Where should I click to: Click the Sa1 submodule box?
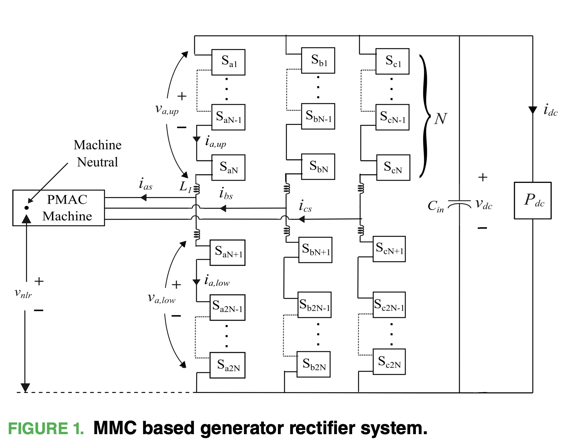coord(228,62)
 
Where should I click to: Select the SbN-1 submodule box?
coord(318,116)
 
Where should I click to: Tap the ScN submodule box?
coord(393,167)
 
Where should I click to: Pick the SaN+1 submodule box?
coord(228,252)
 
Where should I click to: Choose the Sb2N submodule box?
coord(314,364)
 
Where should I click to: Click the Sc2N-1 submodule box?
coord(389,305)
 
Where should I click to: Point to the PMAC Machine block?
coord(59,208)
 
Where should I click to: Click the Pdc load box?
coord(532,200)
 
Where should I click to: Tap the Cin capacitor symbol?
coord(459,205)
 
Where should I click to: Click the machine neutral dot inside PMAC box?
coord(26,208)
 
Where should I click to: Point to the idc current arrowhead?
coord(532,110)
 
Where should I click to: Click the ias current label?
coord(145,184)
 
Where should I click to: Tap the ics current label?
coord(305,206)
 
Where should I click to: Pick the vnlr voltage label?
coord(23,293)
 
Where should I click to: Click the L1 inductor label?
coord(186,186)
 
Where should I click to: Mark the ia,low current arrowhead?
coord(196,282)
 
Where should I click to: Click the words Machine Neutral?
coord(97,154)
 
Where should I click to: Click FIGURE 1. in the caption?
coord(46,428)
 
